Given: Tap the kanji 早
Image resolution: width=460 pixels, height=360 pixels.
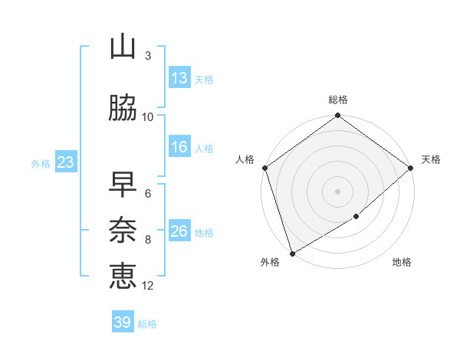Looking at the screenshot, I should pos(123,185).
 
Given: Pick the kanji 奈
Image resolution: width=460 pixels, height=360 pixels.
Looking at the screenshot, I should pos(123,229).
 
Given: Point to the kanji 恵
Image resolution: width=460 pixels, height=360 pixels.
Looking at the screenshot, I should pos(123,274).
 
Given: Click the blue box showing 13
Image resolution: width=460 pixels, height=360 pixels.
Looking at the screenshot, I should pos(179,78).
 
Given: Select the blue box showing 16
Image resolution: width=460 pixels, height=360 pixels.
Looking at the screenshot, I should pos(179,147).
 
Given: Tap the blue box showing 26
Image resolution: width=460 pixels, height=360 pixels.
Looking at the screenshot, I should pos(179,231).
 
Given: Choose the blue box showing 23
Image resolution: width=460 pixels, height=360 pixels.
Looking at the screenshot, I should pos(65,162).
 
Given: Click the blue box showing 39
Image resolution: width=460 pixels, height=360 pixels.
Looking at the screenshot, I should pos(122,322).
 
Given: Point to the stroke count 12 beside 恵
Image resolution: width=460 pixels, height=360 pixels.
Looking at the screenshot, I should pos(149,286).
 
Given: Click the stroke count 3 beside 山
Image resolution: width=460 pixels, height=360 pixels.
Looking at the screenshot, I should pos(148,56).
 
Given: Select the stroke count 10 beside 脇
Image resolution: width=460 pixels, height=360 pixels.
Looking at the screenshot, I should pos(148,117).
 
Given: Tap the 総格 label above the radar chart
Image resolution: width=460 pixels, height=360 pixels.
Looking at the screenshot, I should pos(338,100).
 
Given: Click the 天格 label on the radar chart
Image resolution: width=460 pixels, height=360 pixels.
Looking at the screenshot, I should pos(431,159).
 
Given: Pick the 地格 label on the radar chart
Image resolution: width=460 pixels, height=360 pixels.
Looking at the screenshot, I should pos(402,263).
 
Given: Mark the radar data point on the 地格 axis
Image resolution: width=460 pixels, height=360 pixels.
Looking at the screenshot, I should pos(356,217).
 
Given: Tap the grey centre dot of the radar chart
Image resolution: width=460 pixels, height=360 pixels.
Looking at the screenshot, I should pos(338,191).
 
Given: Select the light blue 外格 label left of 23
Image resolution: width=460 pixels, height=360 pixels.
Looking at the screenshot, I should pos(41,163).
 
